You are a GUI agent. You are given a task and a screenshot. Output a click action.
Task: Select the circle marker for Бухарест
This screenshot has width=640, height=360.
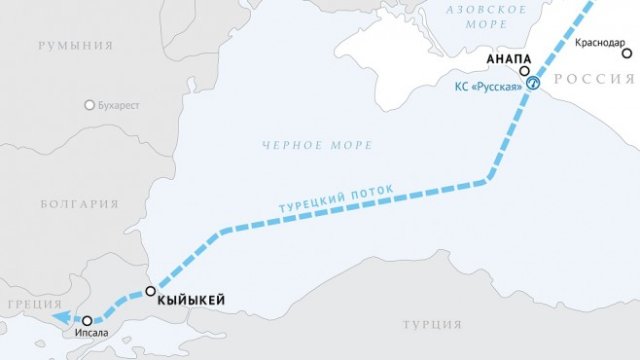click(90, 104)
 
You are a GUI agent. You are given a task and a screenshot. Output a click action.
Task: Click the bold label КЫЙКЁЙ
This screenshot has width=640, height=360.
click(192, 299)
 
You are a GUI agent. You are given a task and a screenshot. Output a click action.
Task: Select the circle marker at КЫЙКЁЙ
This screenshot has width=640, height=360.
click(150, 292)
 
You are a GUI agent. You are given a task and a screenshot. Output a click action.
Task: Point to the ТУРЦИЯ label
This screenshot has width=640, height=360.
click(432, 325)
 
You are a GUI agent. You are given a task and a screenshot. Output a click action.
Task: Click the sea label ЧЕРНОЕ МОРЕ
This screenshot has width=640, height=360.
click(318, 145)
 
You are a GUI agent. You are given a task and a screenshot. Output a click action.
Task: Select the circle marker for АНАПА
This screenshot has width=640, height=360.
click(525, 72)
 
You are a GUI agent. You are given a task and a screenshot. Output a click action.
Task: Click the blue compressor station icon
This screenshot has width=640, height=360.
click(534, 84)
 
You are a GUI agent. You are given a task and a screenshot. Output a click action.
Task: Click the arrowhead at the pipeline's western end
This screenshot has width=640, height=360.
click(61, 317)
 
